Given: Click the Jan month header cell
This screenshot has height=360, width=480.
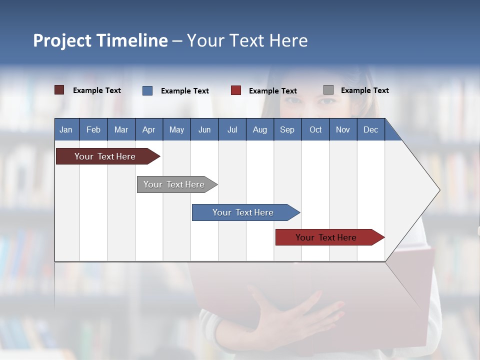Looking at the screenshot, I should coord(66,129).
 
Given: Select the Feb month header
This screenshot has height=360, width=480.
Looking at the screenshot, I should coord(93,129).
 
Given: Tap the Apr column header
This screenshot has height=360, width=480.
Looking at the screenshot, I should coord(149,129).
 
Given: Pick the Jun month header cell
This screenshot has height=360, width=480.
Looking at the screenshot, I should coord(204,129).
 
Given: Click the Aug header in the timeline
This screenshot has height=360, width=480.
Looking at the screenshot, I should coord(260,129).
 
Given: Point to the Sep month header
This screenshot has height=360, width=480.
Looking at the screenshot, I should coord(287,129).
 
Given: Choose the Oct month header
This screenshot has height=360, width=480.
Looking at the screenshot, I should coord(315,129).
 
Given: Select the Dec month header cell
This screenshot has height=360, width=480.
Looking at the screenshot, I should coord(371,129).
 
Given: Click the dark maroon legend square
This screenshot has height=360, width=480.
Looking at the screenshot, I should coord(59,90).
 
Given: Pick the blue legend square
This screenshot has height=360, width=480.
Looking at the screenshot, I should coord(147,90).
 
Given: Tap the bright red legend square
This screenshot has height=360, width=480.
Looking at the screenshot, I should coord(236,90).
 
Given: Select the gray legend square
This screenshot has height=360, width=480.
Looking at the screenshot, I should coord(328,90).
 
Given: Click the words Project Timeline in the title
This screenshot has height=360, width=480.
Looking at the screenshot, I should coord(100,40).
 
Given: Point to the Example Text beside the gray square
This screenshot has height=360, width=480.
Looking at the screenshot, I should coord(364,90).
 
